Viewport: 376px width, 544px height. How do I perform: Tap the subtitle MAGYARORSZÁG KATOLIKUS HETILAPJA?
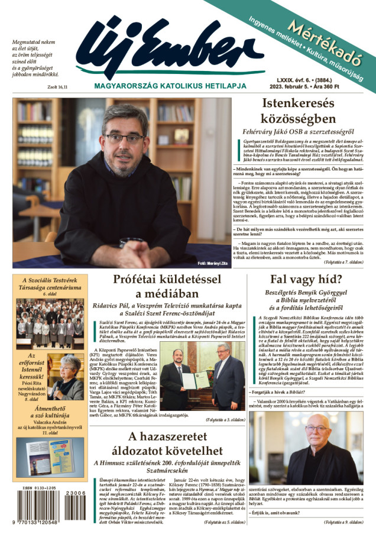[158, 86]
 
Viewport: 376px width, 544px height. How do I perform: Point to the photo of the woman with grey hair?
[66, 377]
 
